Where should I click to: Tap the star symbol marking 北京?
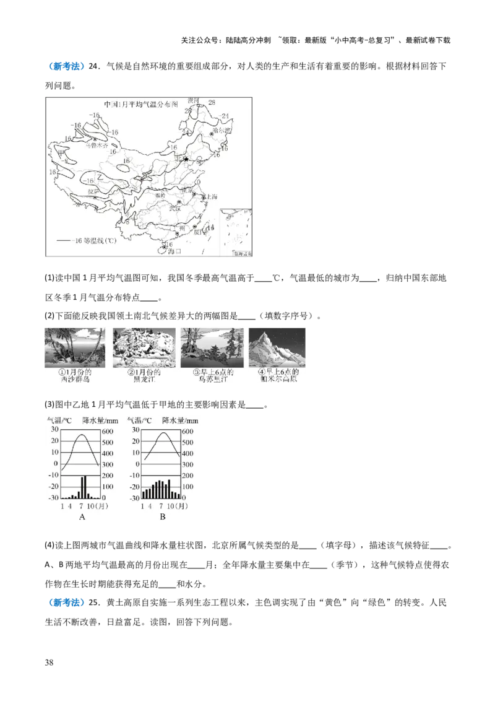point(185,159)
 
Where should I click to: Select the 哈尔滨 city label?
point(219,131)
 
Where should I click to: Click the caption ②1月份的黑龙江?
point(143,376)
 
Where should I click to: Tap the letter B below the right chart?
point(162,516)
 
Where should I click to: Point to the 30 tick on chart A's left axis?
point(54,429)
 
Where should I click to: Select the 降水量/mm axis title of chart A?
point(100,420)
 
